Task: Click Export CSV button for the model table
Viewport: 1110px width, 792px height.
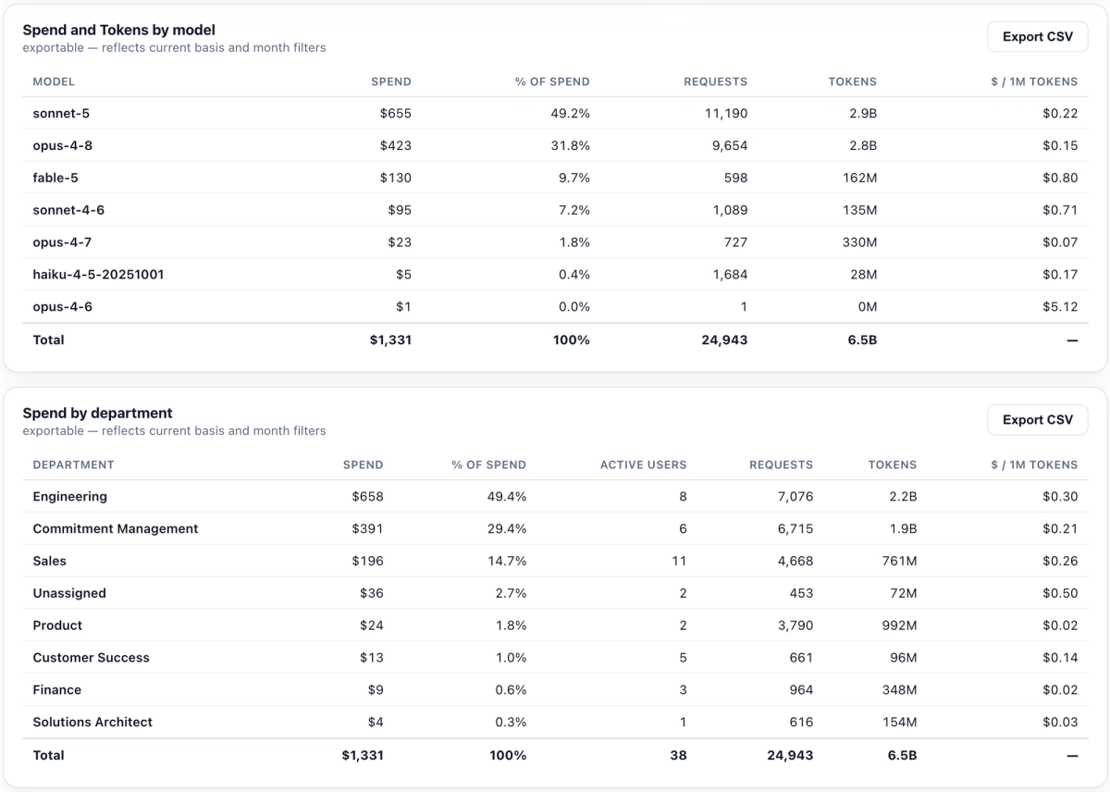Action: (1038, 37)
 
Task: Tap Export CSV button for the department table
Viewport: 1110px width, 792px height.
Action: (1038, 420)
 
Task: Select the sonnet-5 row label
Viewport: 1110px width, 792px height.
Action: (61, 114)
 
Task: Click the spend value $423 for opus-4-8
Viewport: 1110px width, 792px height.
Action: (396, 145)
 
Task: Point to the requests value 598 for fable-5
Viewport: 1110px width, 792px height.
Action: (735, 178)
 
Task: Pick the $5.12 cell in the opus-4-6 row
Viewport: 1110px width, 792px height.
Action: (1060, 307)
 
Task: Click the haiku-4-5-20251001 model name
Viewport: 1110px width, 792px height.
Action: (98, 275)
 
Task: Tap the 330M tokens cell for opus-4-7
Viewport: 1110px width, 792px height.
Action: (859, 242)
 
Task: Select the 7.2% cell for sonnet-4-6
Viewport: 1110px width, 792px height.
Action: (574, 210)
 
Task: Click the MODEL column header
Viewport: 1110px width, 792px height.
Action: (54, 81)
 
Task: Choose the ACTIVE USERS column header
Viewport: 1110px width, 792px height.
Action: (643, 464)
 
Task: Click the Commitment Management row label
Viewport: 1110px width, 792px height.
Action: (116, 529)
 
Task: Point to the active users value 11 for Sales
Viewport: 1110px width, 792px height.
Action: (679, 561)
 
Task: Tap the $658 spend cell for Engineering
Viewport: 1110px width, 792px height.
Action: (368, 497)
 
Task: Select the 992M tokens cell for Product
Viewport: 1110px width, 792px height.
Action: (899, 625)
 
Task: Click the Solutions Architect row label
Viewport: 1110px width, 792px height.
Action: (92, 722)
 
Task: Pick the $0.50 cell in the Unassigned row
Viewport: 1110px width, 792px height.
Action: (1060, 593)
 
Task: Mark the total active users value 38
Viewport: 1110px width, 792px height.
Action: (678, 755)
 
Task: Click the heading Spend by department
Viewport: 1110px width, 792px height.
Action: (98, 413)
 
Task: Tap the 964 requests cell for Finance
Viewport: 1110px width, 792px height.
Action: (801, 690)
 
